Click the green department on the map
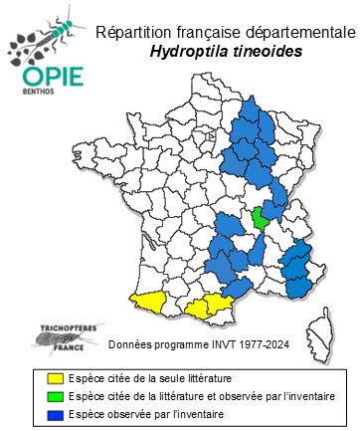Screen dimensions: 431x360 pos(261,217)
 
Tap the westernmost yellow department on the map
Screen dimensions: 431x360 pos(149,301)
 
